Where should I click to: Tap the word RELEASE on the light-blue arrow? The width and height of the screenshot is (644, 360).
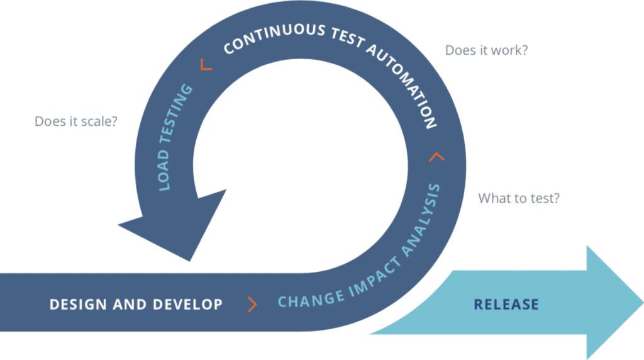click(506, 305)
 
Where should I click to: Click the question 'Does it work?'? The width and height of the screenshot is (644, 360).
click(486, 50)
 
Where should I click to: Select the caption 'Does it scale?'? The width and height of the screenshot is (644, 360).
click(75, 121)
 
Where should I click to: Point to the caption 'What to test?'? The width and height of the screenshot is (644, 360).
click(519, 198)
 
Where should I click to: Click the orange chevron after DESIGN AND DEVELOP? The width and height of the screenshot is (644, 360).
click(252, 305)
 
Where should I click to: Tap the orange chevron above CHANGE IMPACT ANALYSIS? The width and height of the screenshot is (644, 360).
click(436, 156)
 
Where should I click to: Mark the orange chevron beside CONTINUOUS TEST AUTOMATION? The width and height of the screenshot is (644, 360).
click(206, 64)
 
